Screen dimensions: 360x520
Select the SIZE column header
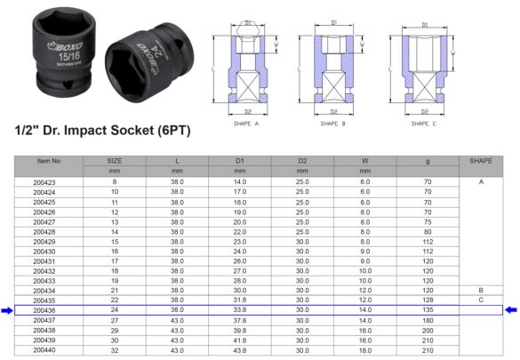point(114,160)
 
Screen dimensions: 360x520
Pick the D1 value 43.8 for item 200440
point(239,349)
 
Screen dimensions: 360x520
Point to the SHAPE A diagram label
point(244,125)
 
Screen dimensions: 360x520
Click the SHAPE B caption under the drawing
point(332,125)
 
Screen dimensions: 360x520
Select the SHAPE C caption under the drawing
point(420,125)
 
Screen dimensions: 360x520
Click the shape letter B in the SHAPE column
point(480,291)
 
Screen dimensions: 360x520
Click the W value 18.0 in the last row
point(364,349)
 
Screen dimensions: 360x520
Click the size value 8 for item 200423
point(114,182)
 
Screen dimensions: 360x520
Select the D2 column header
point(301,160)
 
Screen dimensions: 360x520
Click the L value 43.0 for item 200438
point(177,330)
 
